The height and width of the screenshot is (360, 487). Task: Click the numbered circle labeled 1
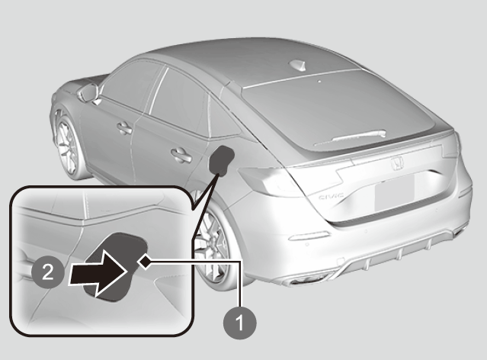pyautogui.click(x=240, y=323)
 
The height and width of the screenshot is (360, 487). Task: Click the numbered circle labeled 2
pyautogui.click(x=48, y=272)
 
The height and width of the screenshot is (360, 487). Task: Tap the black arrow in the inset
pyautogui.click(x=98, y=272)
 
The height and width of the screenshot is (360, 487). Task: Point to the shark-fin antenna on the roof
pyautogui.click(x=297, y=64)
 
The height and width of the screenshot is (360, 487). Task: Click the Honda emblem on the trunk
pyautogui.click(x=396, y=162)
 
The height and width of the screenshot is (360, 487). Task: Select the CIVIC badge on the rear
pyautogui.click(x=331, y=196)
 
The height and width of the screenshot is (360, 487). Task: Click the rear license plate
pyautogui.click(x=395, y=193)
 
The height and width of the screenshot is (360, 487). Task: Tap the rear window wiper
pyautogui.click(x=350, y=138)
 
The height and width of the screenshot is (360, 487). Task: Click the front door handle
pyautogui.click(x=124, y=128)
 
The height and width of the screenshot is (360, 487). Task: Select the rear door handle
pyautogui.click(x=181, y=155)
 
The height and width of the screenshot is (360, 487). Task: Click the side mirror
pyautogui.click(x=89, y=92)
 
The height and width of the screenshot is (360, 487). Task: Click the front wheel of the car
pyautogui.click(x=68, y=144)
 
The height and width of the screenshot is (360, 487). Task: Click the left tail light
pyautogui.click(x=271, y=182)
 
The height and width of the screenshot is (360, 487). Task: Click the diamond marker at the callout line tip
pyautogui.click(x=144, y=261)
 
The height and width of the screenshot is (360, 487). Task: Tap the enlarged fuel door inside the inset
pyautogui.click(x=116, y=267)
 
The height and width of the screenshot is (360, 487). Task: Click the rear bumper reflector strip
pyautogui.click(x=309, y=236)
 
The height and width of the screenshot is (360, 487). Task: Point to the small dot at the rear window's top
pyautogui.click(x=319, y=82)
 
